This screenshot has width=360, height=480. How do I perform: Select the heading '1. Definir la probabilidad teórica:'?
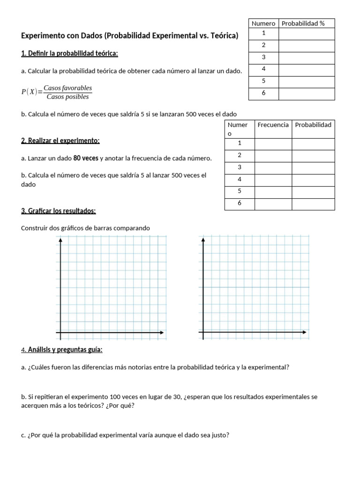click(69, 53)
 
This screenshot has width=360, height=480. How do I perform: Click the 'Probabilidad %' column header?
click(306, 23)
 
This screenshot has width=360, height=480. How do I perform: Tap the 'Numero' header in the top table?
click(263, 23)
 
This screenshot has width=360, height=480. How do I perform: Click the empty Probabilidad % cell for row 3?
click(307, 58)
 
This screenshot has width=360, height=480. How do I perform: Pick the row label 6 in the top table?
click(263, 94)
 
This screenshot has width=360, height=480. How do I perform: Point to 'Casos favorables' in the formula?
click(67, 88)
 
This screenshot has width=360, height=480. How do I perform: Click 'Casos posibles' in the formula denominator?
click(67, 97)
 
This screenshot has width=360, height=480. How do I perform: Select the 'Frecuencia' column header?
click(273, 125)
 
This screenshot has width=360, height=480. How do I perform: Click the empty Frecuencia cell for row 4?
click(273, 180)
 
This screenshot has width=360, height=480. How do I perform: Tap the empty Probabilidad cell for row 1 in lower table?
click(313, 144)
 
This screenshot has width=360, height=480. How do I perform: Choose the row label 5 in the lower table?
click(240, 191)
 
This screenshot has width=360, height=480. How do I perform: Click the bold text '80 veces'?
click(86, 158)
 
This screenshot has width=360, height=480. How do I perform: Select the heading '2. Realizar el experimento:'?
click(60, 141)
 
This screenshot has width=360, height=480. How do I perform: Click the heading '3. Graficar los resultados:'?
click(59, 211)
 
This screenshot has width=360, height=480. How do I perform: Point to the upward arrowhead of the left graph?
click(61, 240)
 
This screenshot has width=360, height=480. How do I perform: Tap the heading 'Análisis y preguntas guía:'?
click(65, 350)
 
